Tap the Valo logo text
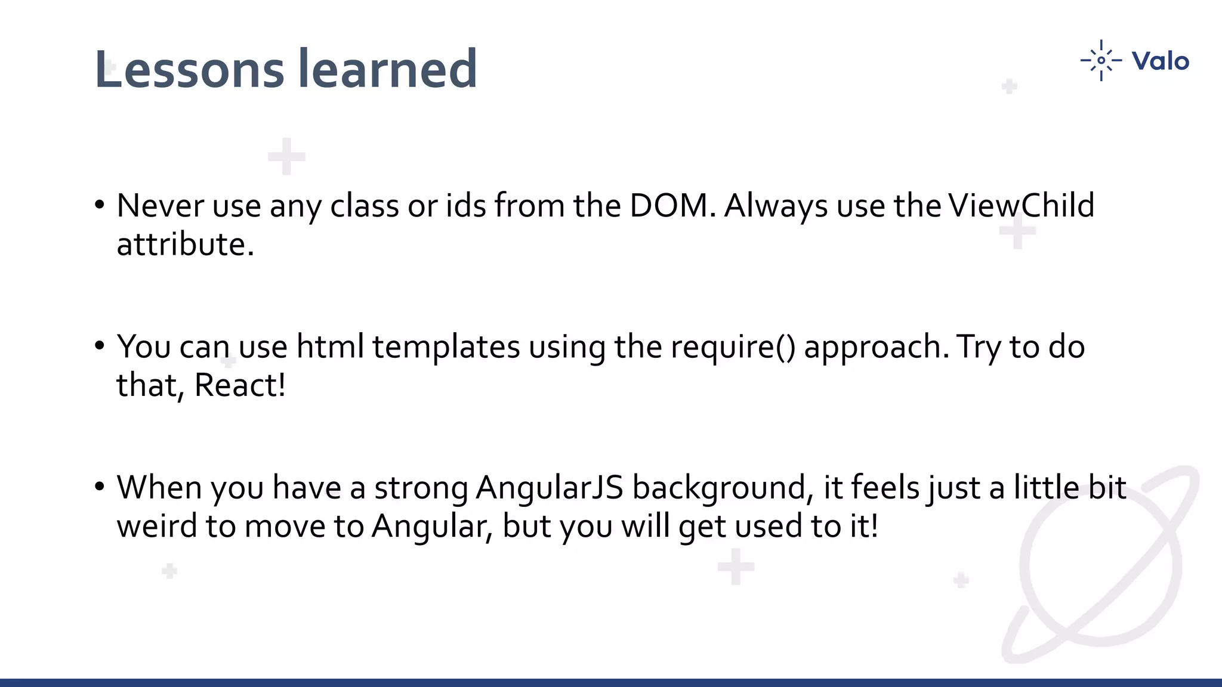tap(1160, 61)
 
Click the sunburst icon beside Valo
tap(1101, 60)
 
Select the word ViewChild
tap(1021, 206)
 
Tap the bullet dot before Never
tap(100, 205)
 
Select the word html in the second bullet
tap(330, 346)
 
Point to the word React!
tap(240, 385)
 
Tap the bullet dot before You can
tap(100, 346)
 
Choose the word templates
tap(446, 347)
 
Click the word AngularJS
tap(550, 488)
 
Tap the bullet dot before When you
tap(100, 487)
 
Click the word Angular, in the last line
tap(432, 526)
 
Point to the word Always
tap(776, 206)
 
